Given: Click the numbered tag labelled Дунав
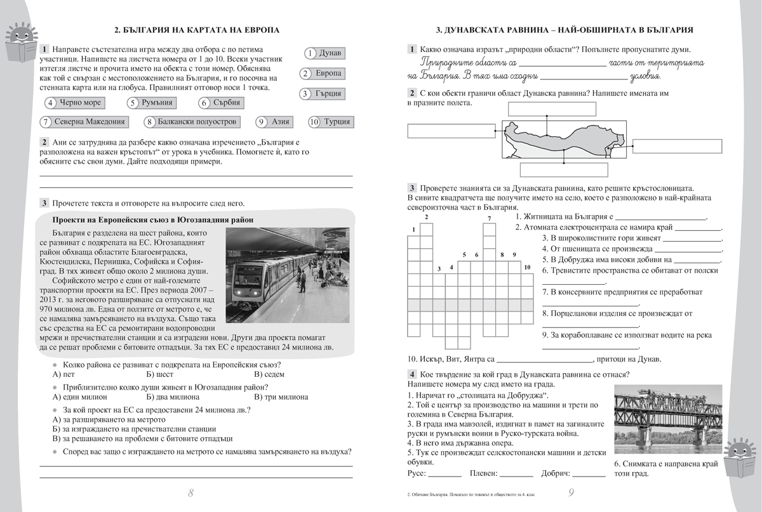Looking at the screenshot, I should [324, 53].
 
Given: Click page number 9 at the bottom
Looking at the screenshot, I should [571, 493].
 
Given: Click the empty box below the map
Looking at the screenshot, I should [565, 170].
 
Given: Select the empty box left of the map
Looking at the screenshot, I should [451, 131].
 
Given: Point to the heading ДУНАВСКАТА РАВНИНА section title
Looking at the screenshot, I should [565, 30].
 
